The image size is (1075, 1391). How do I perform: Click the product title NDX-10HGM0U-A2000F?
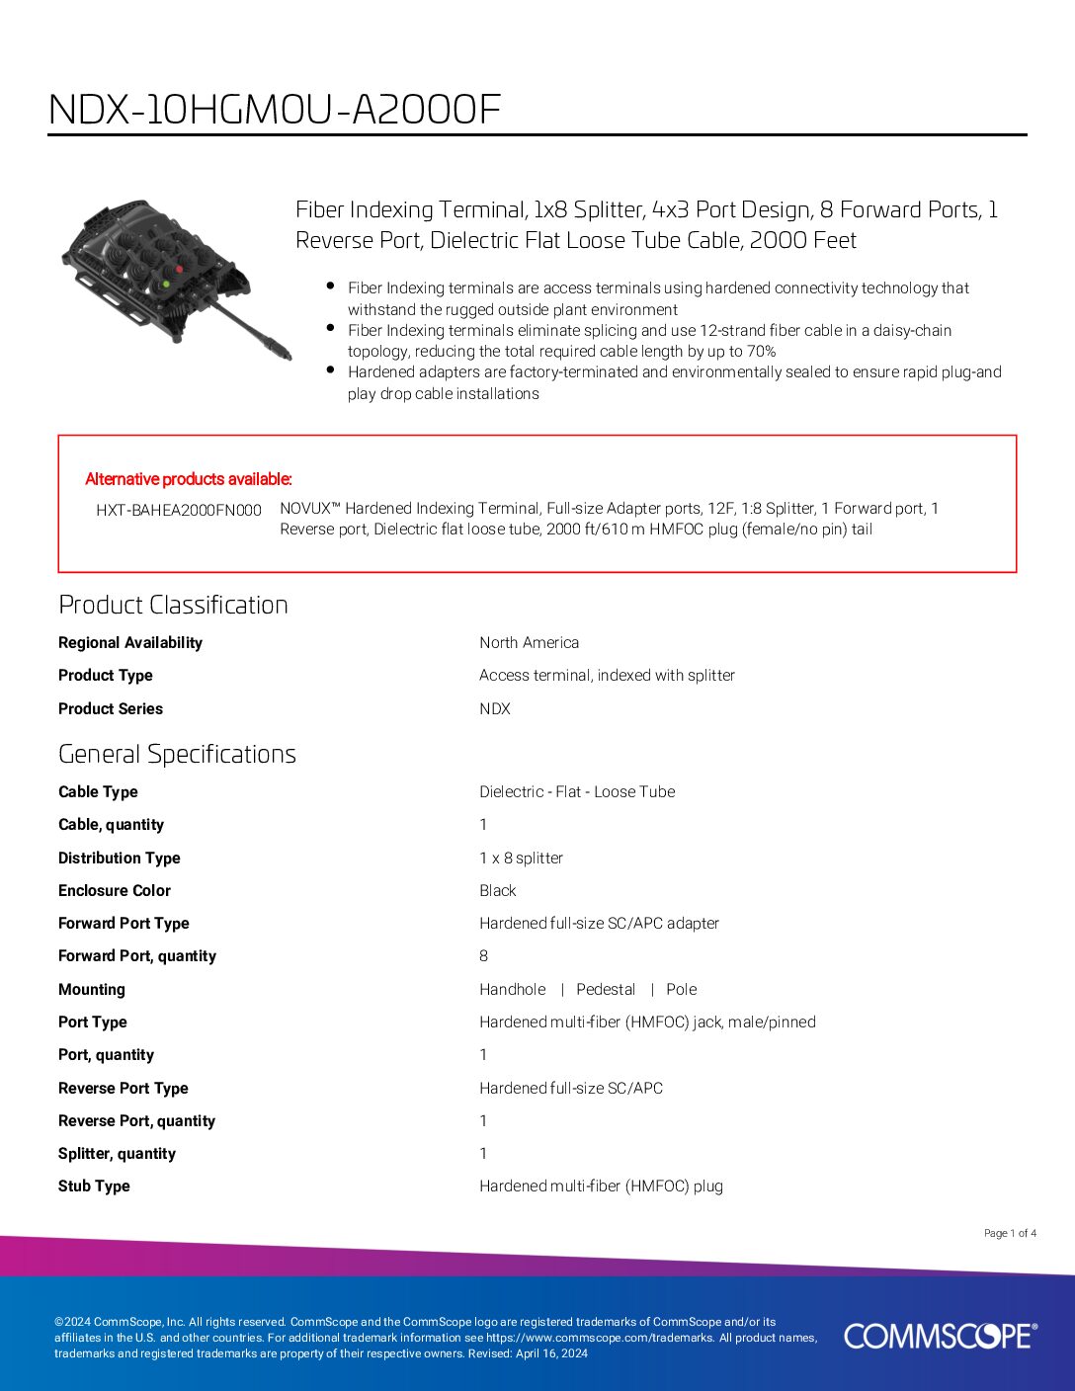pos(275,110)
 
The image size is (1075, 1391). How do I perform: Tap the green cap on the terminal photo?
pos(165,284)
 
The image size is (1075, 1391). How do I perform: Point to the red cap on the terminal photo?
pos(179,268)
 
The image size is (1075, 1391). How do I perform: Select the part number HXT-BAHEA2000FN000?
pos(179,510)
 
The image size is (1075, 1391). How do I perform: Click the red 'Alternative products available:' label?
pos(189,479)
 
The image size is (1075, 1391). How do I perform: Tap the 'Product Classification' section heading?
pos(173,605)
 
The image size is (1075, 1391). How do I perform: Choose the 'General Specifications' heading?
pos(177,754)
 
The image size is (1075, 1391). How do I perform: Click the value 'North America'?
pos(529,642)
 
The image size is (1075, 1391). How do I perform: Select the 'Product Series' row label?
pos(111,708)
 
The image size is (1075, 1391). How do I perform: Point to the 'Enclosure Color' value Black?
pos(497,890)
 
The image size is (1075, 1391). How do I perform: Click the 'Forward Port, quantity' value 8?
pos(483,955)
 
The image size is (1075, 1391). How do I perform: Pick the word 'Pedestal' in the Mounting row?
pos(606,989)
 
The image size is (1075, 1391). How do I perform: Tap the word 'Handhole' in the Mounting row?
pos(512,989)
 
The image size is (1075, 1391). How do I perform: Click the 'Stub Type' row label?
pos(94,1186)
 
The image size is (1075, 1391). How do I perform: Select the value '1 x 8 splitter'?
pos(521,858)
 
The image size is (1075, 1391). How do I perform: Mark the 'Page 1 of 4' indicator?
pos(1010,1233)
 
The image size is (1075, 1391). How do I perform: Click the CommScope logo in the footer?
pos(940,1336)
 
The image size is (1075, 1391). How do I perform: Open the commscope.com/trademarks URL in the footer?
pos(600,1338)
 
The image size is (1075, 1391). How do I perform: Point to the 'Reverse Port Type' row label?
pos(123,1088)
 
